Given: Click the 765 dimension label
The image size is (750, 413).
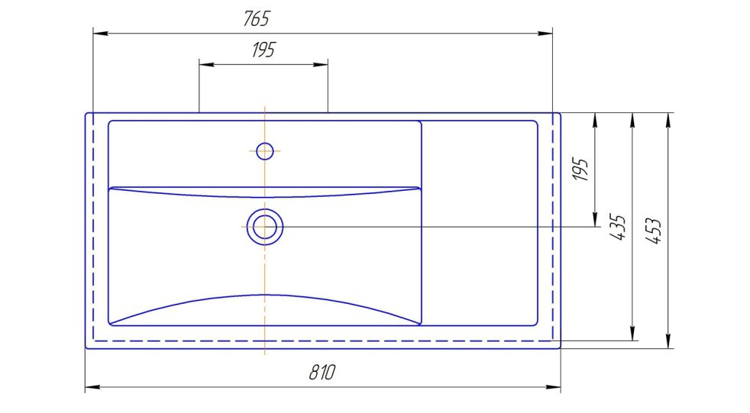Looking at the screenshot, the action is point(257,18).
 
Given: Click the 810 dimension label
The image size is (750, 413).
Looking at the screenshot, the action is point(322,373).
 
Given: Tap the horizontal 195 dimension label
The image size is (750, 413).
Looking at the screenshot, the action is point(263,50).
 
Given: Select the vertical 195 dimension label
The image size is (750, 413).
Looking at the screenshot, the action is point(580,169).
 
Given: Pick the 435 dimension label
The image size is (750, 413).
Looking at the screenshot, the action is point(618,227).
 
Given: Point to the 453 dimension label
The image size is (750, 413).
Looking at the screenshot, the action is point(653,231).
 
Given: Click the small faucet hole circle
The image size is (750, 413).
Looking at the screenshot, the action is point(264,151).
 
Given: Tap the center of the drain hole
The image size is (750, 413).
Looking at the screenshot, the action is point(264,227).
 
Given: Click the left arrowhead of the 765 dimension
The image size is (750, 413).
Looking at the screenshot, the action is point(101,34).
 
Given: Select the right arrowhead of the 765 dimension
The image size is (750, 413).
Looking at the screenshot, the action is point(545,34).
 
